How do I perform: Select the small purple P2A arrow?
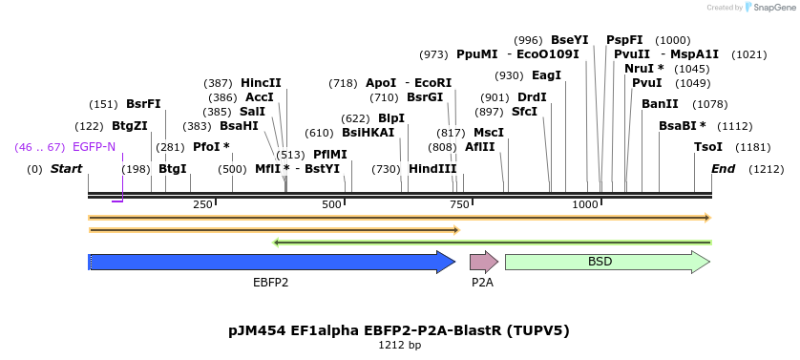click(x=483, y=262)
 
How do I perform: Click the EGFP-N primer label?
click(x=94, y=147)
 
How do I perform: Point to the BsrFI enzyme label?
click(x=143, y=104)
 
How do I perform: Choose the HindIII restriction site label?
click(x=432, y=169)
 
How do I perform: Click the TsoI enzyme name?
click(x=708, y=147)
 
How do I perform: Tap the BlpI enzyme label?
click(x=391, y=118)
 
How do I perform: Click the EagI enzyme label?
click(x=546, y=75)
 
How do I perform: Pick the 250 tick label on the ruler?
click(x=202, y=204)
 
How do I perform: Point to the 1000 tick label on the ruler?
click(x=585, y=204)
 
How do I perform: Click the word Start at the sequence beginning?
click(x=66, y=169)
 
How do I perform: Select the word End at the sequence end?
click(x=724, y=169)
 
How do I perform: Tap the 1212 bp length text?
click(x=399, y=346)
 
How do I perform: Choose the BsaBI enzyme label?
click(x=682, y=126)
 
